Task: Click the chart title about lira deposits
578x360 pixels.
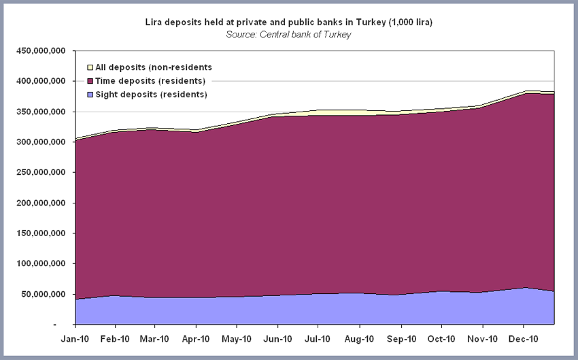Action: click(288, 22)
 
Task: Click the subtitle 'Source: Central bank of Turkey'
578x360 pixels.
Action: click(288, 34)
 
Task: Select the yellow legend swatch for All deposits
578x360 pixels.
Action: click(90, 67)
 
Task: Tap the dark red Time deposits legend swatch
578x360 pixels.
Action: click(90, 81)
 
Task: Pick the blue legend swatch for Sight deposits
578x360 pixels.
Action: click(90, 94)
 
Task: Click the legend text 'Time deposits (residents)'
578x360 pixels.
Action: click(150, 81)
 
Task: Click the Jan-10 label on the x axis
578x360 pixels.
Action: click(74, 338)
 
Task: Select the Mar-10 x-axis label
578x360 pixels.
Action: click(156, 338)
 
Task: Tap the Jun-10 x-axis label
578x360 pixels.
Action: click(278, 338)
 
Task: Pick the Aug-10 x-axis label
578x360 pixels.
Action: click(360, 338)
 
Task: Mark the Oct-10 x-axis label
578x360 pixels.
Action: click(441, 338)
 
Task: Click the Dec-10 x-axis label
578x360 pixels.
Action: click(524, 338)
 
